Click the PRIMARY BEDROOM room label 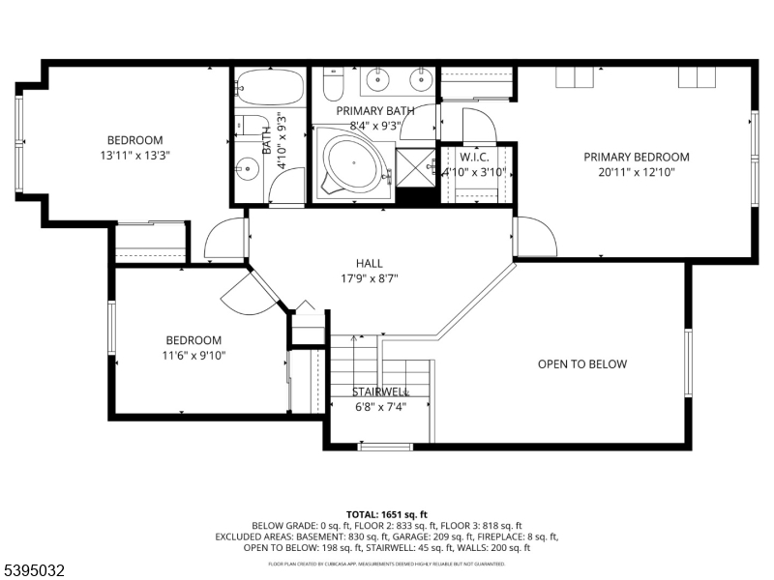pos(636,157)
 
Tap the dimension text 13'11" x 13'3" pos(134,155)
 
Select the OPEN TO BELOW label pos(582,364)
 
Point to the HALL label pos(369,263)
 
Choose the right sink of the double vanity pos(421,76)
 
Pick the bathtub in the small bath pos(268,89)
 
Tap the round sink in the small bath pos(251,169)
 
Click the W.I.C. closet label pos(475,157)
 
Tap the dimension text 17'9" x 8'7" pos(369,278)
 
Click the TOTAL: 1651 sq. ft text pos(386,514)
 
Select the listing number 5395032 pos(36,570)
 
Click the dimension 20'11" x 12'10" pos(636,172)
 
